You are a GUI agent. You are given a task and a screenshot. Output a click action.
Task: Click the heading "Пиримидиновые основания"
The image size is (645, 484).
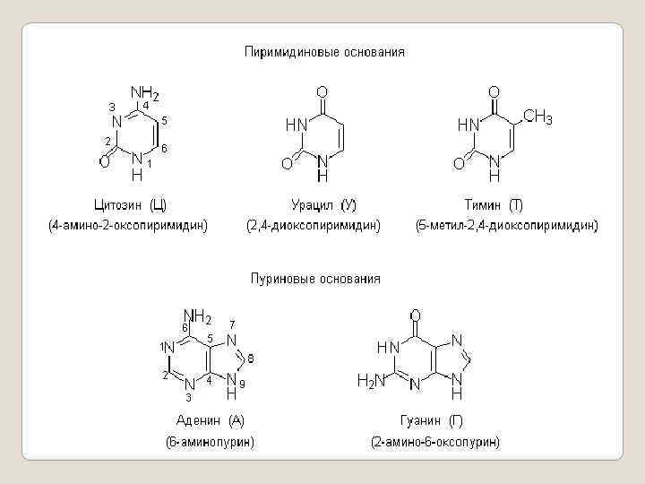pos(325,52)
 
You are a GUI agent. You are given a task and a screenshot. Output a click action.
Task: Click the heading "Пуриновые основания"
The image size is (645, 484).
pos(314,279)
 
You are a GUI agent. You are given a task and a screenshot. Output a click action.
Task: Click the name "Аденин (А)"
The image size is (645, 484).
pos(210,419)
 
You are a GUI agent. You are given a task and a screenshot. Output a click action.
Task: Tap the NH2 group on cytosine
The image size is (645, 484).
pos(145,93)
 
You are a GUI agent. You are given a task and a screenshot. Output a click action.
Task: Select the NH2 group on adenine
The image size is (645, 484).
pos(197,316)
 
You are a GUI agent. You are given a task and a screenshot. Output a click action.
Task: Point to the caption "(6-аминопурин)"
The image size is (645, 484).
pos(210,442)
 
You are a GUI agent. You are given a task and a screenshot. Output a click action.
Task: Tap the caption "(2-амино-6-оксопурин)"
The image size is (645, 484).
pos(435,442)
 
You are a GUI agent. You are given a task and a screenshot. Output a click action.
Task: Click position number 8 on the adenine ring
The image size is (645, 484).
pos(251,359)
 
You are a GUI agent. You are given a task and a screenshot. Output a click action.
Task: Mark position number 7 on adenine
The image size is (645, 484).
pos(232,324)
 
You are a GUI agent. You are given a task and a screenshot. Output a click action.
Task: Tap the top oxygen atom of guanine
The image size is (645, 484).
pos(415,316)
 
